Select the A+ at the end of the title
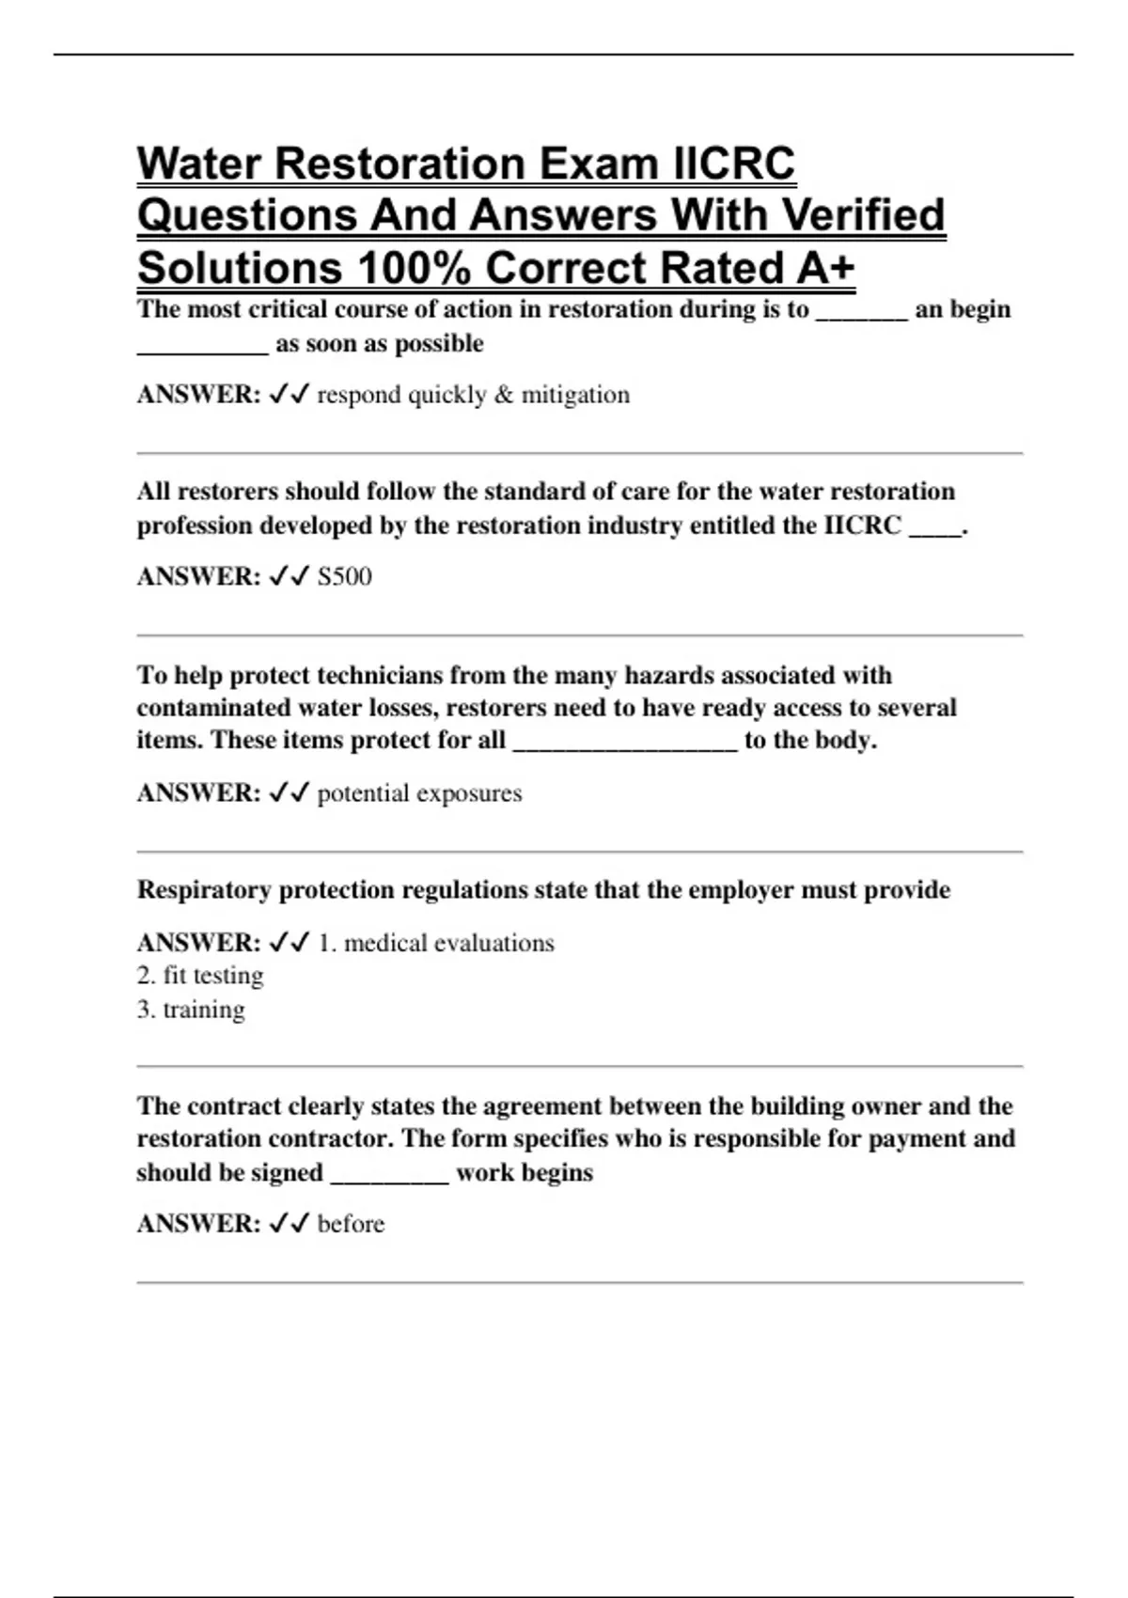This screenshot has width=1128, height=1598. pyautogui.click(x=825, y=268)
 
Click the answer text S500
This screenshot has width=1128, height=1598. pyautogui.click(x=345, y=576)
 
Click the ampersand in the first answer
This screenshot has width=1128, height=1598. pyautogui.click(x=504, y=395)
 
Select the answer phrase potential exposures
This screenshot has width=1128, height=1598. pyautogui.click(x=419, y=793)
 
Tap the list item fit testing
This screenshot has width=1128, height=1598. pyautogui.click(x=212, y=976)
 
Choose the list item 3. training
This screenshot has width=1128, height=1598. pyautogui.click(x=191, y=1010)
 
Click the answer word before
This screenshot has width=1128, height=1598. pyautogui.click(x=351, y=1224)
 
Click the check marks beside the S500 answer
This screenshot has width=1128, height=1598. pyautogui.click(x=289, y=576)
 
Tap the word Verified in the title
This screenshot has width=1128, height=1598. pyautogui.click(x=863, y=216)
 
